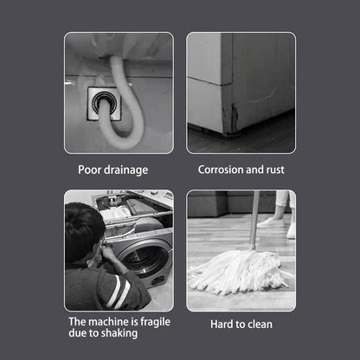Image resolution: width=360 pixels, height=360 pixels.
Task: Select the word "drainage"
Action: click(x=125, y=170)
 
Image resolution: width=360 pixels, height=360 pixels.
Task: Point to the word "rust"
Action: click(x=275, y=170)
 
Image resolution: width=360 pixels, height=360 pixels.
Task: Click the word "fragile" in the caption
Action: click(x=155, y=322)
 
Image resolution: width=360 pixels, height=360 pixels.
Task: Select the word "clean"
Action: click(x=260, y=325)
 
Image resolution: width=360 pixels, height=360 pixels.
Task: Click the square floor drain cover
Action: click(x=104, y=104)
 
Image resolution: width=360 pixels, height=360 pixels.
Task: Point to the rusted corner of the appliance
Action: click(x=233, y=119)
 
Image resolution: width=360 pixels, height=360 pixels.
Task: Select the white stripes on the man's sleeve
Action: click(x=119, y=292)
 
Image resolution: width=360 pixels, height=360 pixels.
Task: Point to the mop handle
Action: click(x=255, y=220)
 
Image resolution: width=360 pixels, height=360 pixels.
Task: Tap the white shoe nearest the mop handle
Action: click(x=271, y=222)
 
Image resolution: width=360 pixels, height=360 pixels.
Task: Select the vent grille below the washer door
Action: click(x=157, y=280)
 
